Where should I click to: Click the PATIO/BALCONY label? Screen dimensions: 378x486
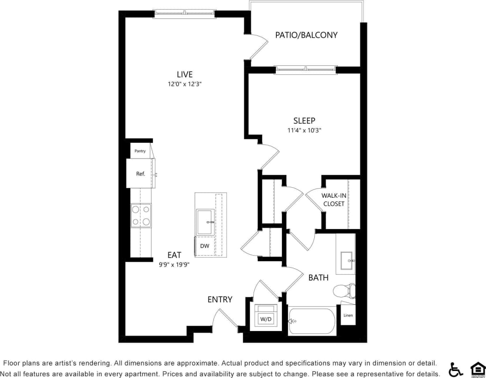tap(306, 35)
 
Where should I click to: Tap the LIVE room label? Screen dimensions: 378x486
tap(185, 74)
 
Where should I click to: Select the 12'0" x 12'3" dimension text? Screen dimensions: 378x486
tap(185, 84)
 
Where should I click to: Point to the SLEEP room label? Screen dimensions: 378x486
tap(304, 121)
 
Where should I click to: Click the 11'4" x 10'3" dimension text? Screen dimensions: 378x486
tap(304, 130)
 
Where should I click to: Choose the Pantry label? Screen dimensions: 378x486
tap(140, 151)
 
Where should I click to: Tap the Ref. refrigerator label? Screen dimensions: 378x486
tap(140, 174)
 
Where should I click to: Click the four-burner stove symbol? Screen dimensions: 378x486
tap(141, 216)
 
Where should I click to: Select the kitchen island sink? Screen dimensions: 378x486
tap(204, 222)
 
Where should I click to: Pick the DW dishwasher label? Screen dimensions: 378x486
tap(205, 246)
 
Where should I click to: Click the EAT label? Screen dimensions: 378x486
tap(174, 255)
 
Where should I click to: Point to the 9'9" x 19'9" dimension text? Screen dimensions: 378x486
tap(174, 264)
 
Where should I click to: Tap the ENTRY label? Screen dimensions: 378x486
tap(220, 299)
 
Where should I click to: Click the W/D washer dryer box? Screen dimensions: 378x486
tap(265, 315)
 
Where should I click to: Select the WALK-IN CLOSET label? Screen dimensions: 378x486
tap(334, 200)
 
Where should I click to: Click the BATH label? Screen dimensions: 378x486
tap(319, 277)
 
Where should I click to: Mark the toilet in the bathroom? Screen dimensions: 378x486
tap(344, 290)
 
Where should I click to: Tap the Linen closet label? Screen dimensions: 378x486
tap(348, 315)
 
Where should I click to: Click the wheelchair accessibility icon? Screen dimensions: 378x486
tap(456, 369)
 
